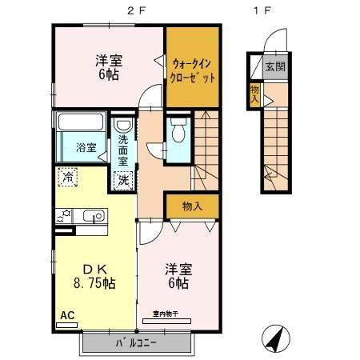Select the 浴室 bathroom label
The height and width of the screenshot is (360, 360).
(86, 147)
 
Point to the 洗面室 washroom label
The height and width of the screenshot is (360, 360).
(123, 150)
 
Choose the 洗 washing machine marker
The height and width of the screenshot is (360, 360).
(125, 180)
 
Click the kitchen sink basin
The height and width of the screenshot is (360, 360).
(92, 215)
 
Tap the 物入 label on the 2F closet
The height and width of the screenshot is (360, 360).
(192, 206)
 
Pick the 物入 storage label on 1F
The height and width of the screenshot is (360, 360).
(254, 92)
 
